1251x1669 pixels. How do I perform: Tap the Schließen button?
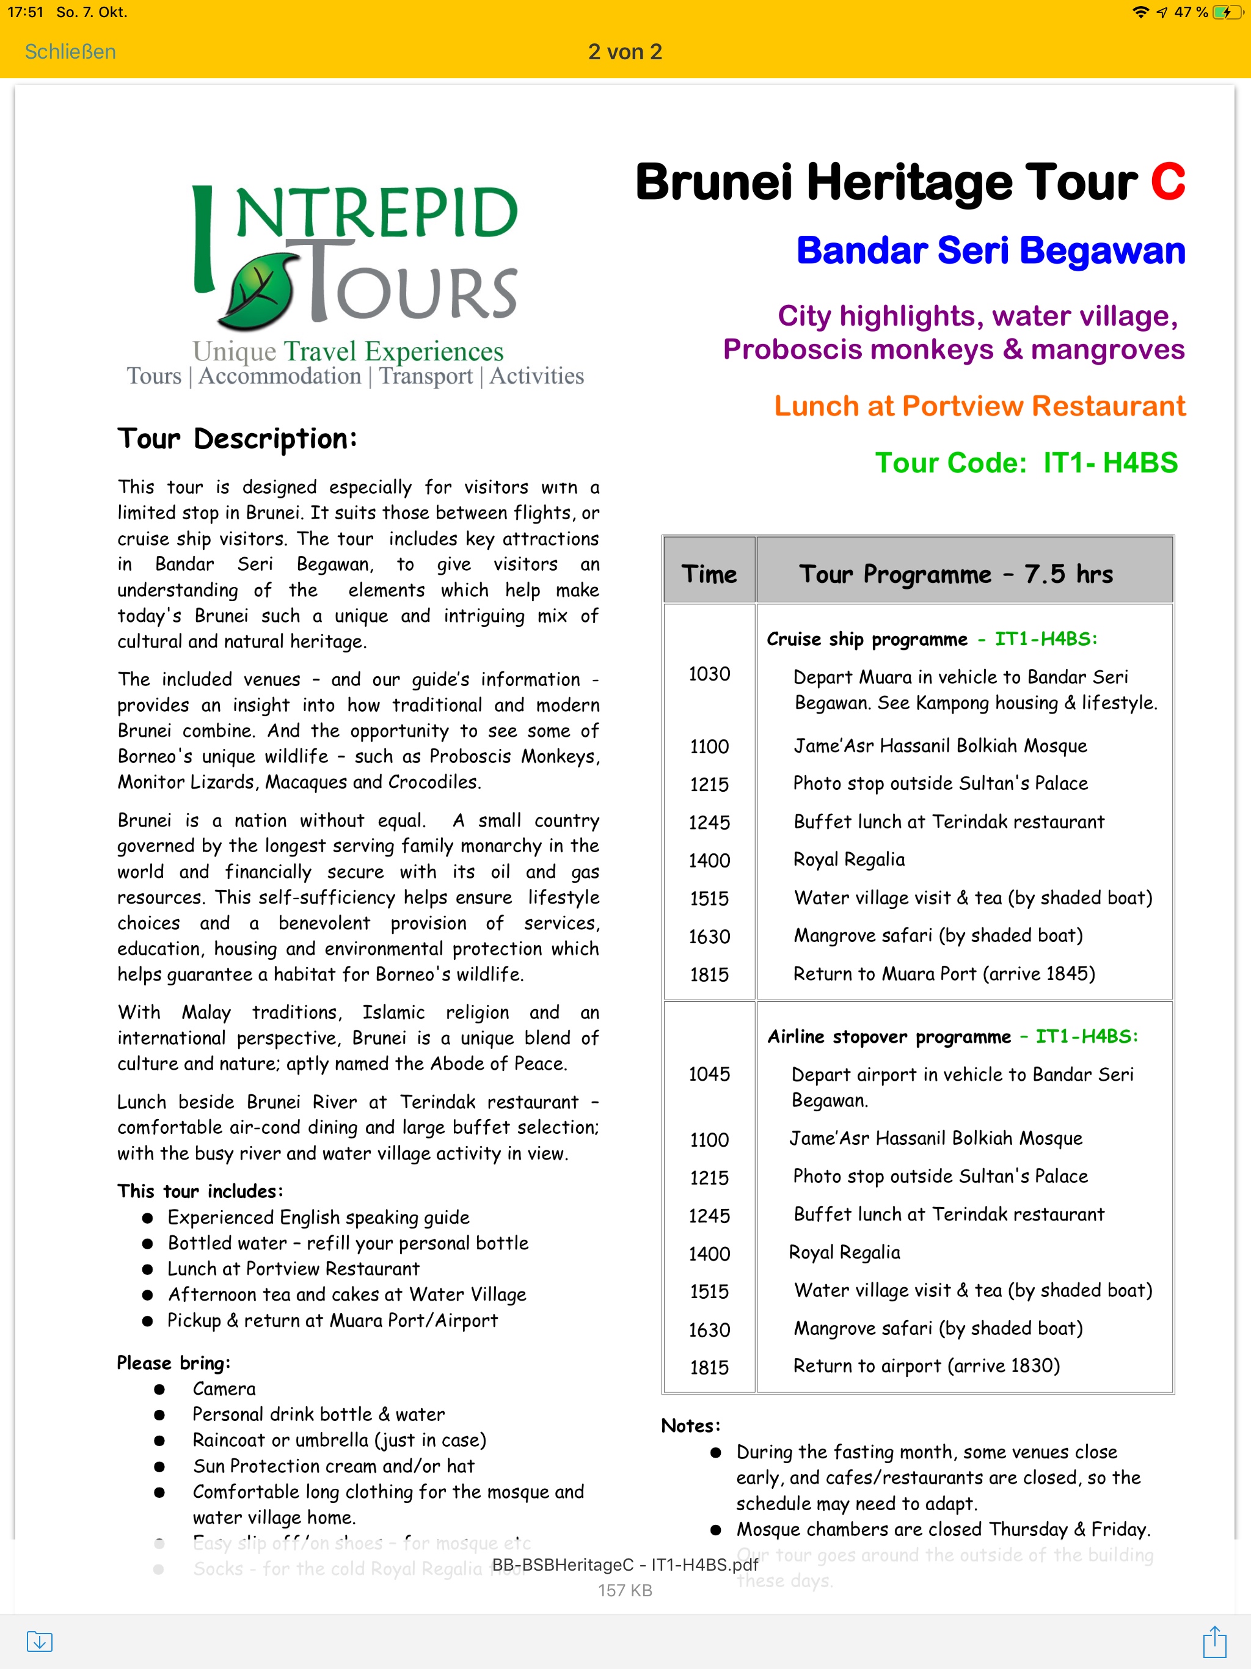[x=70, y=51]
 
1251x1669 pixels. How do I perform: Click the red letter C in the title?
[x=1167, y=183]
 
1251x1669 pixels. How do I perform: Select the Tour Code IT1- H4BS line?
[x=1026, y=462]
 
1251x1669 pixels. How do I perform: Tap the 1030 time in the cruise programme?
[x=709, y=674]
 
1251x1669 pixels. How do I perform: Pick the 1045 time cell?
[x=709, y=1074]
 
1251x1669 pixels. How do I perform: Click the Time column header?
[x=709, y=574]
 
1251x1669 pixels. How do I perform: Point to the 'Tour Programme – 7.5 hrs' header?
[x=956, y=574]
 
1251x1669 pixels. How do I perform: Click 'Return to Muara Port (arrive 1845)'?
[x=944, y=973]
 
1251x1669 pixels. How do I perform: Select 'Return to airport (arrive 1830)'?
[x=926, y=1365]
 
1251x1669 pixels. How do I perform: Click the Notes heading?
[x=690, y=1425]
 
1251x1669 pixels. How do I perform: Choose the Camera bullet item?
[x=224, y=1389]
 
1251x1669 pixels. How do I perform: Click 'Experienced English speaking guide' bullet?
[x=318, y=1217]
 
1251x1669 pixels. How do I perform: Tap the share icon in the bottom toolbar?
[x=1214, y=1641]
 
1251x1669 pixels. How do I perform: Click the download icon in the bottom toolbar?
[x=39, y=1641]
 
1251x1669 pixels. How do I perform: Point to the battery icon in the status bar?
[x=1228, y=12]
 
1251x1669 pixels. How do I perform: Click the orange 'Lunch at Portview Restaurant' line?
[x=979, y=406]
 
